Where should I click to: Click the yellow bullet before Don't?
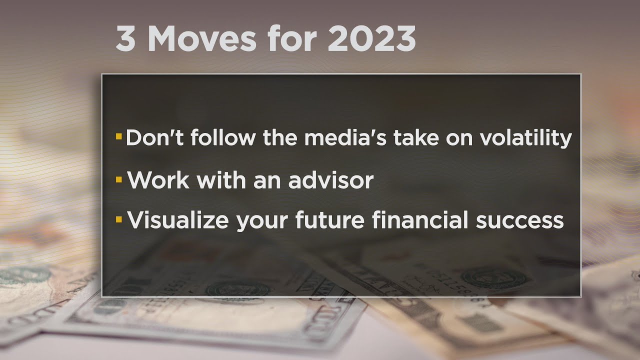coord(118,136)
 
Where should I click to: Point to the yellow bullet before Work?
coord(118,178)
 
